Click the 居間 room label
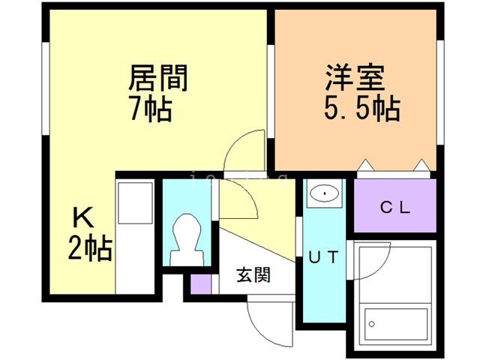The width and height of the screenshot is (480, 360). pyautogui.click(x=158, y=78)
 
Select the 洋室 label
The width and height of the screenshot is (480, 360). pyautogui.click(x=355, y=78)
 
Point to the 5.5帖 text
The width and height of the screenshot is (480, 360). pyautogui.click(x=361, y=109)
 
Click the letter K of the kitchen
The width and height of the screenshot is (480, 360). pyautogui.click(x=82, y=217)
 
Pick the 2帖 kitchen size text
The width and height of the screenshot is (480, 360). pyautogui.click(x=90, y=247)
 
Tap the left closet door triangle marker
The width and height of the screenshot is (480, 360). pyautogui.click(x=365, y=164)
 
